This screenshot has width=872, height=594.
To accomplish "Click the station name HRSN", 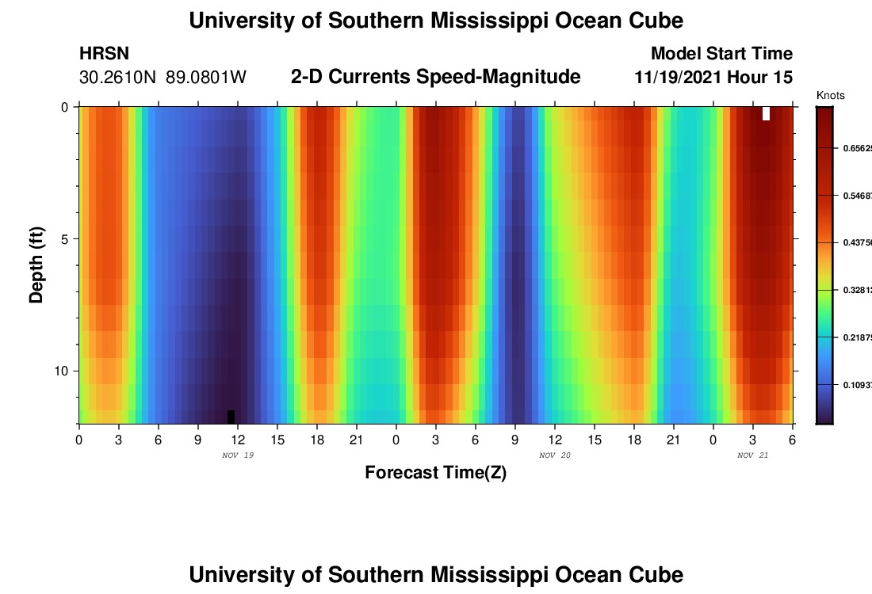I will (x=104, y=54).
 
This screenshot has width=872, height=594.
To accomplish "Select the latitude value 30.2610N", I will (x=119, y=78).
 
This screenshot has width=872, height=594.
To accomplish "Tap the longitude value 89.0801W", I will (x=206, y=78).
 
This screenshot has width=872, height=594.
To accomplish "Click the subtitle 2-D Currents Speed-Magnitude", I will (x=435, y=77).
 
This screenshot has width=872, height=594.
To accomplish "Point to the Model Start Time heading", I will (x=721, y=54).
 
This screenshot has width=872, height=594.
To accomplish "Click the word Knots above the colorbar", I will (x=830, y=96).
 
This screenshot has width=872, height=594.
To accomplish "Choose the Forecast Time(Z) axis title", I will (x=435, y=473).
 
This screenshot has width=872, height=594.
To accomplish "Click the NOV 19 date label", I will (x=238, y=455).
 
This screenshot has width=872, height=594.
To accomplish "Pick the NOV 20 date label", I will (x=554, y=455).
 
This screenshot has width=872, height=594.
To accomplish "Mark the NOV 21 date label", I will (x=752, y=455).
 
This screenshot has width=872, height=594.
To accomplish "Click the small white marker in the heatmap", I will (x=766, y=113).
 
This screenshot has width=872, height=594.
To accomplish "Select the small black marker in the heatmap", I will (x=231, y=417).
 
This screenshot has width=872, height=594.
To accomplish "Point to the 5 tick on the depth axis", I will (x=63, y=238).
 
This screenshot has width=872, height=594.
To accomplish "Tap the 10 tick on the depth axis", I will (x=60, y=371).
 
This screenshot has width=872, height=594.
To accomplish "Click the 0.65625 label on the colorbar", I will (x=855, y=148).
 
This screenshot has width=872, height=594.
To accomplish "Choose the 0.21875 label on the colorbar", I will (x=855, y=337).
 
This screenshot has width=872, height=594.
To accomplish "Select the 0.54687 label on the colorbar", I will (x=855, y=195).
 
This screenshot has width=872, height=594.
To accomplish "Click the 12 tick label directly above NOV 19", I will (x=238, y=439).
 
